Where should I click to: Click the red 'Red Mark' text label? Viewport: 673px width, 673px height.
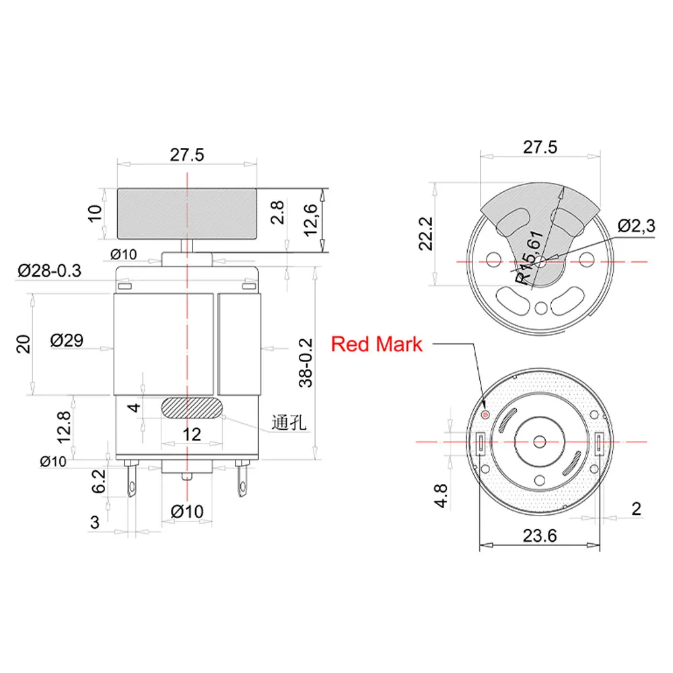(x=377, y=344)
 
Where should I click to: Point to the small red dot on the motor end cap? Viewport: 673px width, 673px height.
(x=486, y=413)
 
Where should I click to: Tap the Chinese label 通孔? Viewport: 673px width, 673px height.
(x=289, y=423)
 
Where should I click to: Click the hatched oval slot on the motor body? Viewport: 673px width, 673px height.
(x=192, y=408)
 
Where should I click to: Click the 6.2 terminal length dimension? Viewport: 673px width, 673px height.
(x=99, y=482)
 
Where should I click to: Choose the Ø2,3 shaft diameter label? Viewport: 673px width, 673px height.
(x=636, y=226)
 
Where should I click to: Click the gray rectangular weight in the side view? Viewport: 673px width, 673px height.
(x=187, y=214)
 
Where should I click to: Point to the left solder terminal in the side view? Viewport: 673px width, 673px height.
(x=131, y=481)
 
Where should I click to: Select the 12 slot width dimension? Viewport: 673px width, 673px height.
(x=192, y=434)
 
